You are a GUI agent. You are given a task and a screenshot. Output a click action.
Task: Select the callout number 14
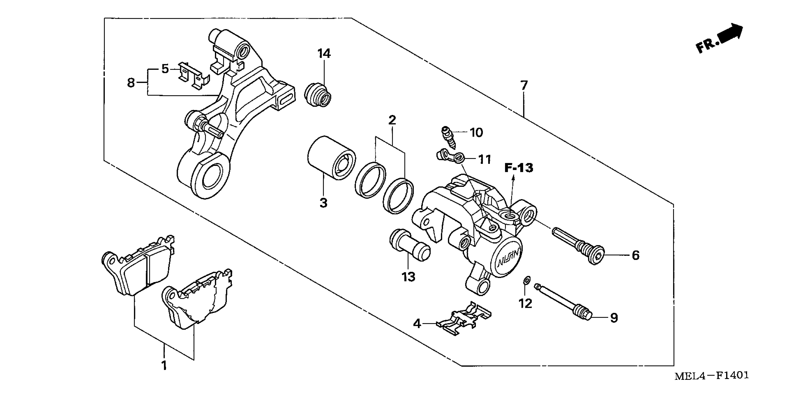click(324, 54)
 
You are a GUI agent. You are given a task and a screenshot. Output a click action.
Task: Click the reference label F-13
click(519, 168)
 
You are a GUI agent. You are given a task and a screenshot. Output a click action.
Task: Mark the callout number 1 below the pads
click(164, 365)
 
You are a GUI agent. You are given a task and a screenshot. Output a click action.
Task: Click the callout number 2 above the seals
click(392, 120)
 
